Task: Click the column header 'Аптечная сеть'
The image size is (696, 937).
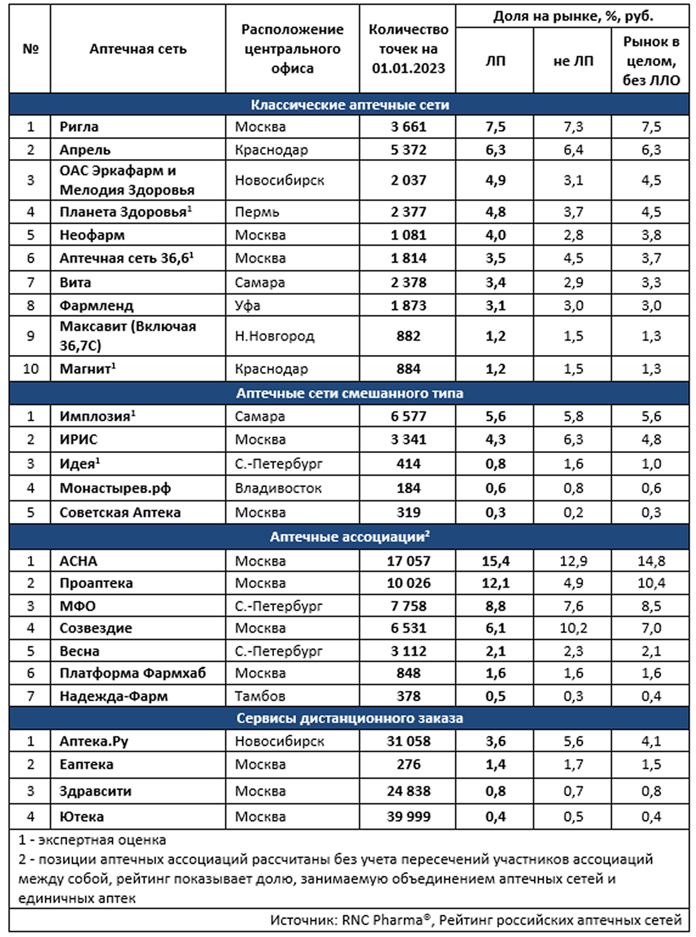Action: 138,49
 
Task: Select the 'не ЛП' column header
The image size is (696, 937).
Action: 573,61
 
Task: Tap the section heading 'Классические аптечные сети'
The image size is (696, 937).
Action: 350,104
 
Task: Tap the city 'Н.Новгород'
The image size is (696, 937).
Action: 274,336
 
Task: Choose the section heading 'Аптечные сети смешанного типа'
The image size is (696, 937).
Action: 350,393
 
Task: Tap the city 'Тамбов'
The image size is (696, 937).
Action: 260,696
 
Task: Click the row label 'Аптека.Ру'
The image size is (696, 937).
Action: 94,741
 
